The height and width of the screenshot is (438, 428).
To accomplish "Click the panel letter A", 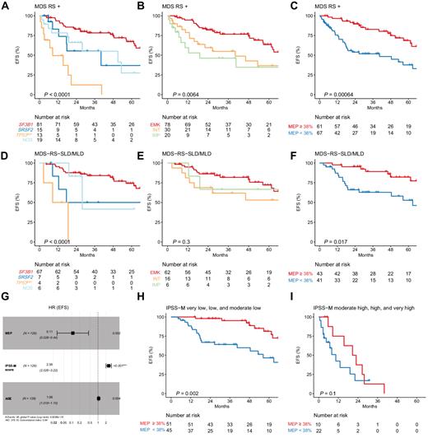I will tap(4, 6).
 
